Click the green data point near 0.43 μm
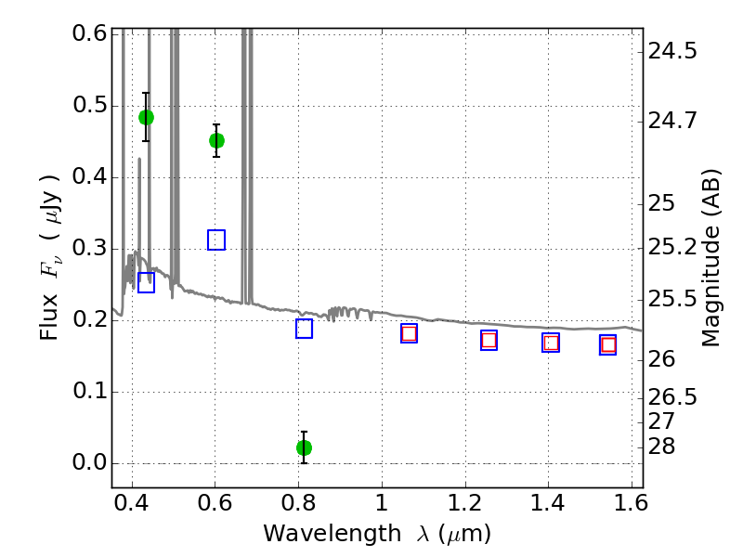146,118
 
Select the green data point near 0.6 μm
216,141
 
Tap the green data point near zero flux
304,447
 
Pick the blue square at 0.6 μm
216,240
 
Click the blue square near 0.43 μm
146,282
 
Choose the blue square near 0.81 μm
304,329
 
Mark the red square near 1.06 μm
409,333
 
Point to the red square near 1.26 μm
489,340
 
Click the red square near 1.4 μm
551,343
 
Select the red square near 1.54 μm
608,344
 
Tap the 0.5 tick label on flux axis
90,105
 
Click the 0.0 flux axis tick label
90,462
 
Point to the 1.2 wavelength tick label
465,503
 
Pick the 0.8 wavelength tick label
298,503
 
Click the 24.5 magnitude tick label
672,51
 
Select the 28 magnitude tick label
661,447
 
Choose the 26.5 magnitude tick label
672,397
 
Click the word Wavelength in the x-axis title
332,534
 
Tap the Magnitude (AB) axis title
710,258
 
